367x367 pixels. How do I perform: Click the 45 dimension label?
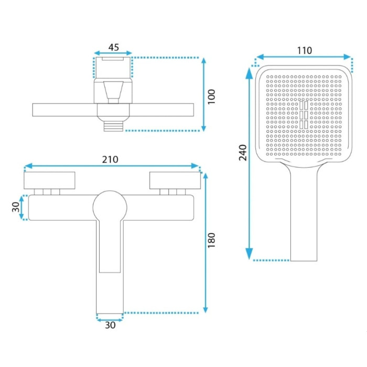tap(114, 47)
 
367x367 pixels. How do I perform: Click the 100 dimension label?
tap(211, 96)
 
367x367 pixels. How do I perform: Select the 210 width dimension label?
tap(110, 159)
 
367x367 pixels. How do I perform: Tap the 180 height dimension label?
tap(211, 240)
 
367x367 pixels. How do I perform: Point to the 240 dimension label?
tap(243, 153)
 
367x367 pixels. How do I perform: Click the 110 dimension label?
tap(304, 50)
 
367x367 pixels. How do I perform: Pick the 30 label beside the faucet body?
tap(16, 207)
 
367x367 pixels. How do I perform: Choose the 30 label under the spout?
tap(110, 325)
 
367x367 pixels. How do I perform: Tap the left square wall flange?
tap(49, 180)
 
